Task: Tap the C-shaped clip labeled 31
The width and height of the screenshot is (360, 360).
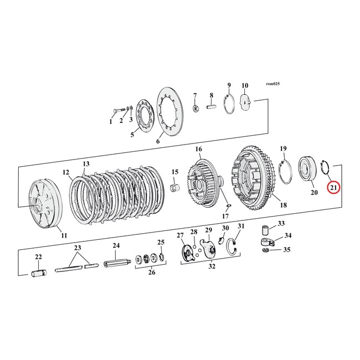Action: [235, 245]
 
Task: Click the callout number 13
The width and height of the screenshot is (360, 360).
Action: [85, 164]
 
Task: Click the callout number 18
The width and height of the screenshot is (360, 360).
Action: [282, 205]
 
